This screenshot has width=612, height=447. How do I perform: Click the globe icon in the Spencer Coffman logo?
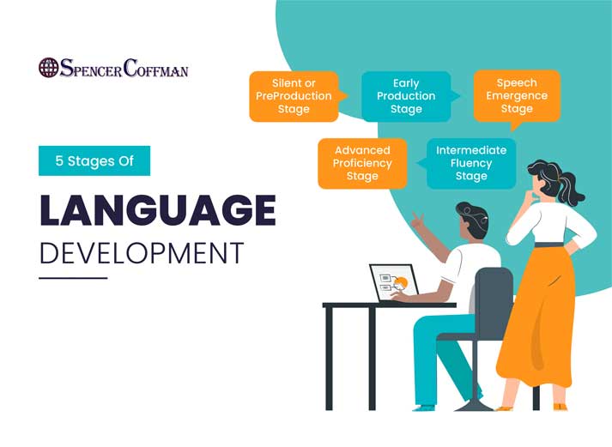(x=49, y=68)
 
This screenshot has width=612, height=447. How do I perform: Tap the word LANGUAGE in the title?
(x=158, y=210)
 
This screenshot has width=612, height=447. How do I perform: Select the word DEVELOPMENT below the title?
(x=142, y=253)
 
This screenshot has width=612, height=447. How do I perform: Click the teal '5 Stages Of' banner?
(x=94, y=160)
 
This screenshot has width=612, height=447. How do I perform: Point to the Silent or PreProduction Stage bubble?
(x=294, y=96)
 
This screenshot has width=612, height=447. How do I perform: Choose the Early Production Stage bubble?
(x=406, y=96)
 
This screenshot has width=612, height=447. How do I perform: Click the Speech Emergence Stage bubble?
(x=517, y=96)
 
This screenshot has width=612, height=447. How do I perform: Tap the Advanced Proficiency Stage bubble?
(x=362, y=163)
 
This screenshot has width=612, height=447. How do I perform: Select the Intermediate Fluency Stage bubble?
(x=471, y=163)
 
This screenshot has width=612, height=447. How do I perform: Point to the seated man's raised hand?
(x=417, y=221)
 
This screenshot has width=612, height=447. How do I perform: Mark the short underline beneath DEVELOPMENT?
(x=73, y=277)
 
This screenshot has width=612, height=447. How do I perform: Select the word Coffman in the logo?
(x=155, y=69)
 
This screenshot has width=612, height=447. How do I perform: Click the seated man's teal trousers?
(x=438, y=352)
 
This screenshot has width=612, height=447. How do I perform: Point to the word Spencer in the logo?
(x=92, y=69)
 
